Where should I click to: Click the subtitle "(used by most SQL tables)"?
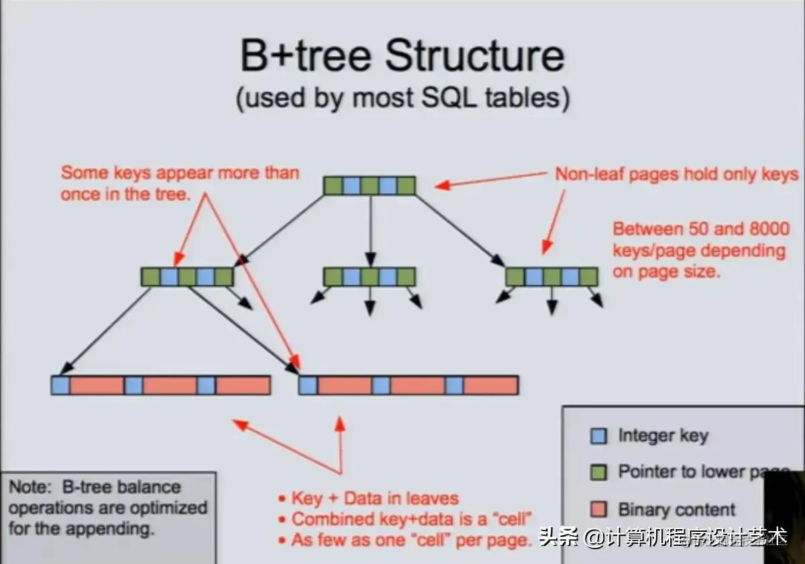[402, 98]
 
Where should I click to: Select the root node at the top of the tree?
[370, 186]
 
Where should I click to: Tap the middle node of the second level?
[370, 277]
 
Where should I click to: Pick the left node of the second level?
[187, 277]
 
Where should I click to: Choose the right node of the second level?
[551, 277]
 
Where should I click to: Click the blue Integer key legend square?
[598, 437]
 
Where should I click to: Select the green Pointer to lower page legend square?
[598, 472]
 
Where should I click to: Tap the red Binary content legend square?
[598, 509]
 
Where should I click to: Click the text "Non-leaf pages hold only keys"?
[676, 174]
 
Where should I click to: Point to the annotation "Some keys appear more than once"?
[180, 183]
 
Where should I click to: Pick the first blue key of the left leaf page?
[60, 385]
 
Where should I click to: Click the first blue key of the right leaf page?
[308, 385]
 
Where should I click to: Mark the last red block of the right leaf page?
[490, 385]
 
